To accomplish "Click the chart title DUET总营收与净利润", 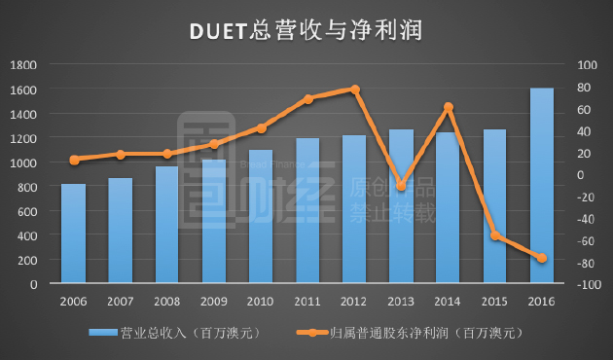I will point(306,31).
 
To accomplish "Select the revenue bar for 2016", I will point(542,186).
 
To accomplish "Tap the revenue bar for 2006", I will point(74,234).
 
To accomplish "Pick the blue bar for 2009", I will point(214,222).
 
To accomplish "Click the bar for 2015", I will point(495,206).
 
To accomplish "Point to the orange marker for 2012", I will point(355,90).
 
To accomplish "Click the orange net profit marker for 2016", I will point(542,258).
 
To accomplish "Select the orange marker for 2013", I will point(402,186).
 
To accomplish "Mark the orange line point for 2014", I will point(449,107).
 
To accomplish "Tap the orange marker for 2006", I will point(74,160).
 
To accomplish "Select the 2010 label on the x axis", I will point(261,301).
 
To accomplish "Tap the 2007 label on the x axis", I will point(121,301).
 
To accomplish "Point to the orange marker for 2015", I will point(495,235).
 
